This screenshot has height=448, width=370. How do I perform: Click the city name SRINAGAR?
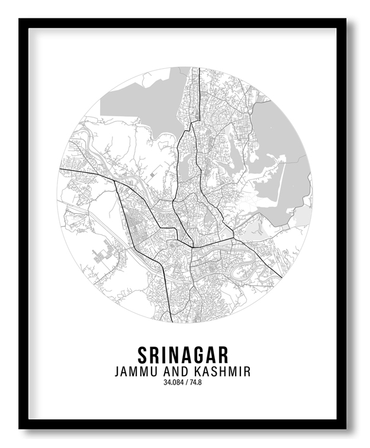coord(183,354)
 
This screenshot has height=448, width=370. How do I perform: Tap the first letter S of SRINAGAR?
coord(143,354)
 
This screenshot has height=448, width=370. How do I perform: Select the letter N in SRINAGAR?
coord(170,354)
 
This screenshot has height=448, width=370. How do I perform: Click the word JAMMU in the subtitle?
coord(134,372)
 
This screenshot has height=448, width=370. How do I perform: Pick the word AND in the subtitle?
coord(172,372)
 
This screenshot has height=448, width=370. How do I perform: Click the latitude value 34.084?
coord(174,382)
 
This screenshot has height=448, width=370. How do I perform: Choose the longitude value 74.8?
coord(195,382)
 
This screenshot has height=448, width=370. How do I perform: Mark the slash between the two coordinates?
coord(186,382)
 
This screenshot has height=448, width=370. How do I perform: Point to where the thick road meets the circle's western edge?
coord(59,169)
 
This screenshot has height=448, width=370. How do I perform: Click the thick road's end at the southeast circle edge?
coord(281,277)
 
